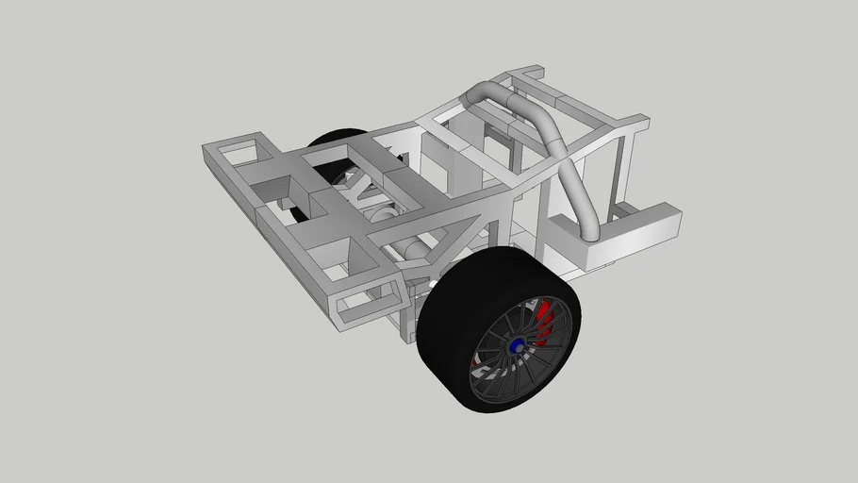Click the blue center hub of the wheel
click(518, 348)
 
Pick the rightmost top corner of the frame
click(641, 120)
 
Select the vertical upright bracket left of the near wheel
click(408, 316)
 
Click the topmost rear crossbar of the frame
click(523, 73)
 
